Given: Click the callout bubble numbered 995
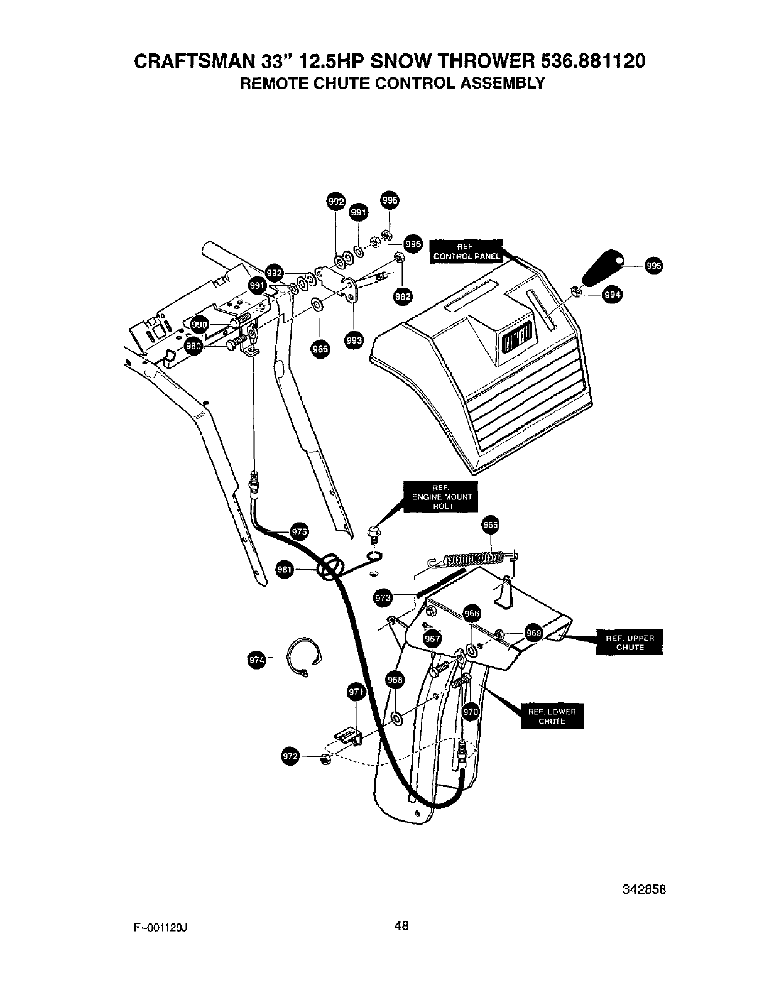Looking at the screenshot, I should pos(653,266).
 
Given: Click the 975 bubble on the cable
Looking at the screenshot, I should pos(300,532).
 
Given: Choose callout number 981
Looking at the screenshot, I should pos(285,570).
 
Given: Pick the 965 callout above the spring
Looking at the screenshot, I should pos(490,525).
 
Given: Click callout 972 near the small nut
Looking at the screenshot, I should pos(290,757).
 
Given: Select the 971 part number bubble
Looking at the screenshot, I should pos(356,692).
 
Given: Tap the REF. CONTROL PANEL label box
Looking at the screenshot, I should pos(467,251).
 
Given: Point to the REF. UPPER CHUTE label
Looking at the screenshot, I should pos(630,643).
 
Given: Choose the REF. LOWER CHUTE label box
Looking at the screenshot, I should pos(552,716).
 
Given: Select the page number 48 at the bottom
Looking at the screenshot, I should pos(402,925).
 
